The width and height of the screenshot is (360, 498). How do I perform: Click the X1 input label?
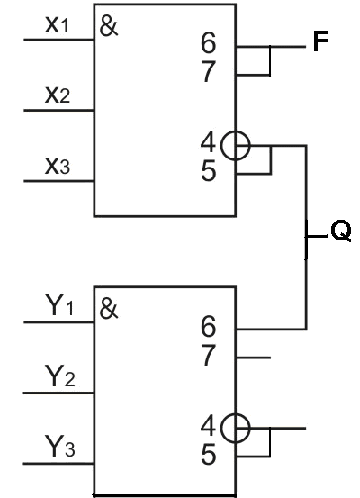pos(57,25)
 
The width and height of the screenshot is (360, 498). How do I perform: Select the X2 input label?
pos(58,95)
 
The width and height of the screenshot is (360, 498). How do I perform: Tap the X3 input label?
pos(58,166)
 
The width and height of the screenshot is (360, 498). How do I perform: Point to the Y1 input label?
pos(59,305)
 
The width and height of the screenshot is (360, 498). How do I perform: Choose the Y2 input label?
pos(60,376)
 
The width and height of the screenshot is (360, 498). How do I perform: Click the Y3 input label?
pos(60,447)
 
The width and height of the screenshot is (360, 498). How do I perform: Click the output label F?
pos(320,41)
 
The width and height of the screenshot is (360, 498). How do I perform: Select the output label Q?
pos(341,231)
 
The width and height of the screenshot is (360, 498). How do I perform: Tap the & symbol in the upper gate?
pos(109,26)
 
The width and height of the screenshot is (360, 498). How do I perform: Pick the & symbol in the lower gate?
pos(109,309)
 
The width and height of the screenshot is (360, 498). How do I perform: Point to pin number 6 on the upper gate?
pos(209,43)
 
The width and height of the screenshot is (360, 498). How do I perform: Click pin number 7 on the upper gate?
pos(209,71)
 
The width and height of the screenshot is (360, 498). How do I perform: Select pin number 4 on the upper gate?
pos(208,142)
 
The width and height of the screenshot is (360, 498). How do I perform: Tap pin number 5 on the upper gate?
pos(209,170)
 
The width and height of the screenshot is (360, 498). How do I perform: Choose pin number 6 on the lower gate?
pos(209,326)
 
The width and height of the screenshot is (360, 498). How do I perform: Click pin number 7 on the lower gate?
pos(209,355)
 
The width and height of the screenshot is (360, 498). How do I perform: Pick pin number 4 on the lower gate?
pos(208,425)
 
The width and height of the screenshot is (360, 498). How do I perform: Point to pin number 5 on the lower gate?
pos(209,454)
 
